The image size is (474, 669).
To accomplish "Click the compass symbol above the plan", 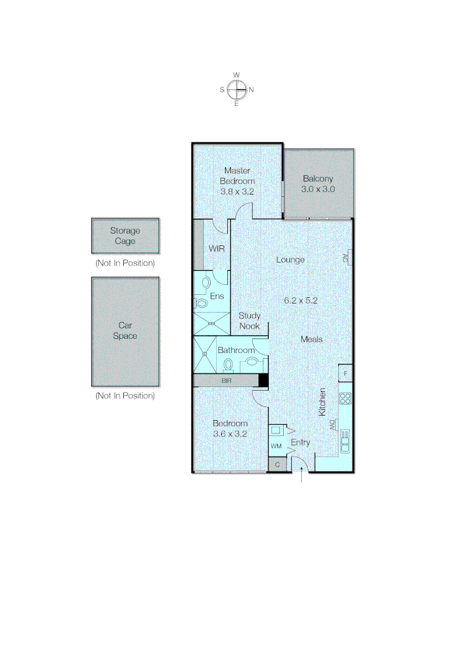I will [237, 90].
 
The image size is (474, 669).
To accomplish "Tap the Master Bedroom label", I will [237, 175].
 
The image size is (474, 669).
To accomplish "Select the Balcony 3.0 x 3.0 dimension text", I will [318, 190].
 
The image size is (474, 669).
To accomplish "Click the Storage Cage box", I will [125, 236].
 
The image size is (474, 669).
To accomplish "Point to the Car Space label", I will [125, 331].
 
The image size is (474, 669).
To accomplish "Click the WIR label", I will [216, 248].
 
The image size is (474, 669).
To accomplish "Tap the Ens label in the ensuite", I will [216, 296].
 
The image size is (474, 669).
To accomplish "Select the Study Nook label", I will [250, 320].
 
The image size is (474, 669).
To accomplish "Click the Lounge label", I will [290, 260].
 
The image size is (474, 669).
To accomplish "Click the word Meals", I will [311, 339].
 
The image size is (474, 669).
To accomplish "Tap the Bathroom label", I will [236, 350].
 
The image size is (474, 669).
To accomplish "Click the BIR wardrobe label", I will [227, 381].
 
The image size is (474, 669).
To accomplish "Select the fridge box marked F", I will [345, 374].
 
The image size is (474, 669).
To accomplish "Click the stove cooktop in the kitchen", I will [345, 398].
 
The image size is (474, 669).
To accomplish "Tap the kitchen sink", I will [345, 441].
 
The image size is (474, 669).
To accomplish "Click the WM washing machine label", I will [276, 446].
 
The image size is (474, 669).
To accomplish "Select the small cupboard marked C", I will [277, 465].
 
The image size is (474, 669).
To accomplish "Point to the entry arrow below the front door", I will [302, 476].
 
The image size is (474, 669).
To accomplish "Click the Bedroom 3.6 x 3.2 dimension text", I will [230, 434].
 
